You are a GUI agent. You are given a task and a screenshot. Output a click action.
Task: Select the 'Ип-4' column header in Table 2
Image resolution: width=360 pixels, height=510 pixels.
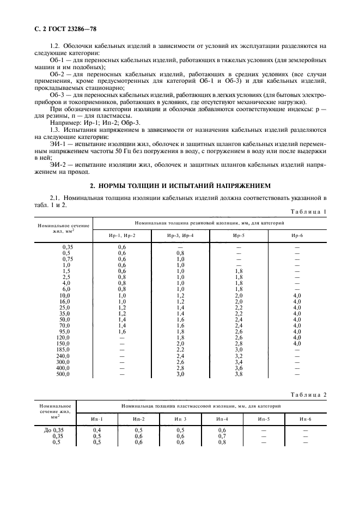[222, 418]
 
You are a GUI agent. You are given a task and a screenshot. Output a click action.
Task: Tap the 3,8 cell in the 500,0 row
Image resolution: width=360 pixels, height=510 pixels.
[239, 375]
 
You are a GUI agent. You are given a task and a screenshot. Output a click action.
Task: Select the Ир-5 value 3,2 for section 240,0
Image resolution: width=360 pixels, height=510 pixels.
[239, 355]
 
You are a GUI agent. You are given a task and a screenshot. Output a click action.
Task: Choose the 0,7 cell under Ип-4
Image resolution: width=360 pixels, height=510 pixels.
[222, 436]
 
